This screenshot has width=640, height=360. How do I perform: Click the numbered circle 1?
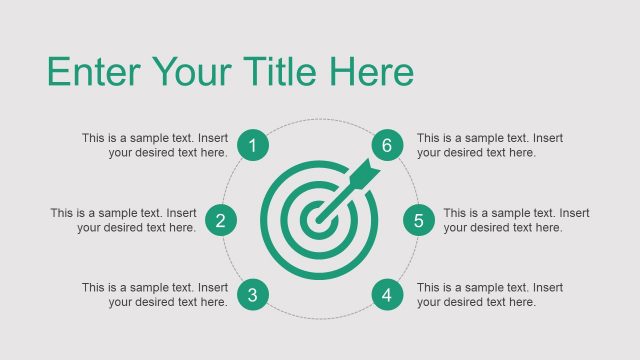252,146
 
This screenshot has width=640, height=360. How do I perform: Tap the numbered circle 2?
220,221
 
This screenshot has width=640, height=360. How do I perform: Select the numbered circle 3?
252,295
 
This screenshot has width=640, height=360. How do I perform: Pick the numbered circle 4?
387,295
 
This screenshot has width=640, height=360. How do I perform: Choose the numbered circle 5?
419,221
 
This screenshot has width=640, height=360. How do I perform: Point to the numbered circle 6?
387,146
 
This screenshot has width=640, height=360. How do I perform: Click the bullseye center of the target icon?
318,214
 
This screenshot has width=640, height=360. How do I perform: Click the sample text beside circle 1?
154,146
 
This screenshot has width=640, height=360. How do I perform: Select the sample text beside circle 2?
123,221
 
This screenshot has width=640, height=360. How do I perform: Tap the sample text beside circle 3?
154,295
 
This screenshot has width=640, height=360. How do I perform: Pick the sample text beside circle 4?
490,295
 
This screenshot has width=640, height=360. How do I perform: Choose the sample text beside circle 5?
516,221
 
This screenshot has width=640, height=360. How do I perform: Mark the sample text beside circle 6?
490,146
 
